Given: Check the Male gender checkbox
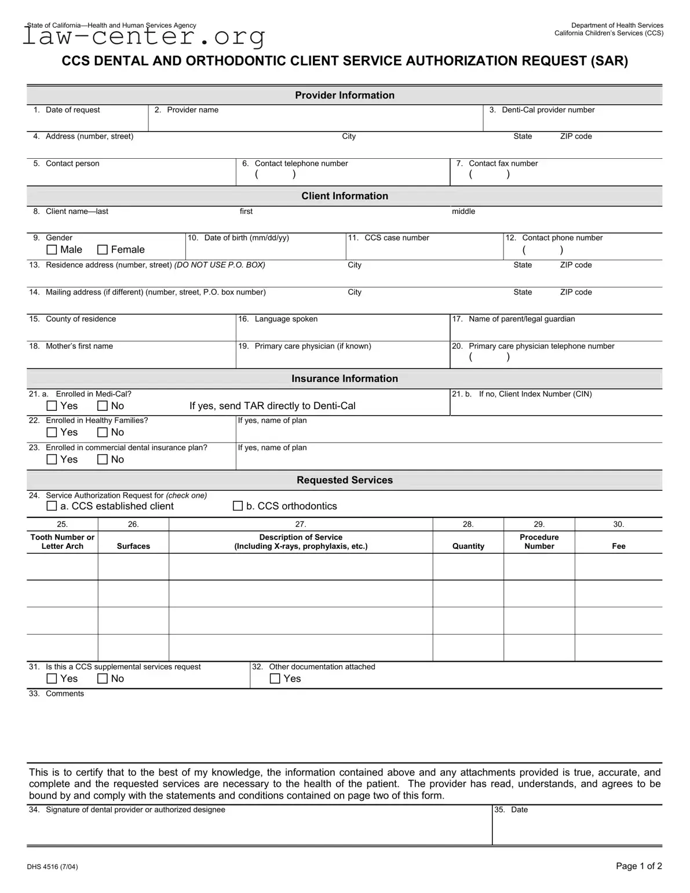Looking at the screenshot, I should (x=52, y=250).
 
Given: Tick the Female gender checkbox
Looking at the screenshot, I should (x=103, y=250).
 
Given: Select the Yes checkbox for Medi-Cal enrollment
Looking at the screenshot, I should (x=52, y=406).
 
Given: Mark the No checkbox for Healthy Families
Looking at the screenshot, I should (x=103, y=432).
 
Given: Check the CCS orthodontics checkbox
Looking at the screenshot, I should (x=238, y=506).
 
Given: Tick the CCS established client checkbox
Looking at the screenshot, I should (x=52, y=506).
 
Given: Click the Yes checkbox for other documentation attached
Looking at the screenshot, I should (x=275, y=679).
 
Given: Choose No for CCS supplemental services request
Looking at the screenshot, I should (x=103, y=679).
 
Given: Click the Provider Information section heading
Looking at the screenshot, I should (x=345, y=95).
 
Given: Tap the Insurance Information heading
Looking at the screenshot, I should (x=345, y=378).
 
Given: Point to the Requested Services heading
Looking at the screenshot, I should (x=345, y=480).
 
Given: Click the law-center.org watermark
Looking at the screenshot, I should (x=144, y=37).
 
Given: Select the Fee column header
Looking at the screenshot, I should (x=619, y=546).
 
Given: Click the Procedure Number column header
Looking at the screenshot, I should (x=539, y=541).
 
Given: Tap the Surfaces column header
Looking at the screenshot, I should (x=133, y=546).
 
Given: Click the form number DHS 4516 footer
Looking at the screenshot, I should (x=52, y=867).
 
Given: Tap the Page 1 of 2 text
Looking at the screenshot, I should (x=638, y=866).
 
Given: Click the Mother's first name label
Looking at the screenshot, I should (x=79, y=346).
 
